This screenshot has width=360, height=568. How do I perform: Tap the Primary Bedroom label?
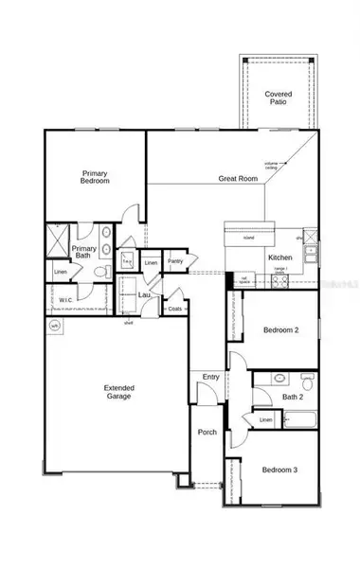(95, 177)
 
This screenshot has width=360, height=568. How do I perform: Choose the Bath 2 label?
(294, 398)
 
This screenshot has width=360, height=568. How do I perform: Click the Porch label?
(207, 432)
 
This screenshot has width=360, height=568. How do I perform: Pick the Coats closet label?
(174, 309)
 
